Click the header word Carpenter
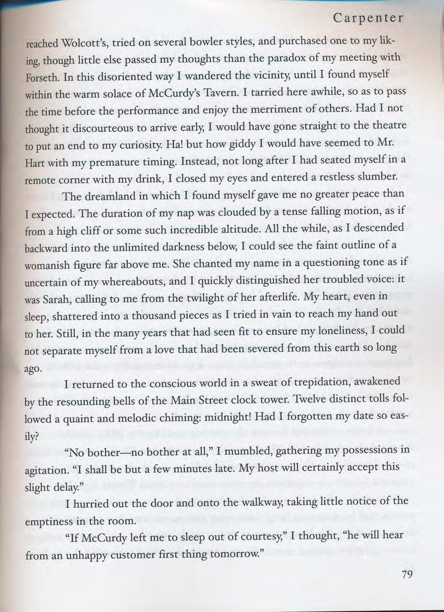point(368,18)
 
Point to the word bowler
point(181,43)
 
